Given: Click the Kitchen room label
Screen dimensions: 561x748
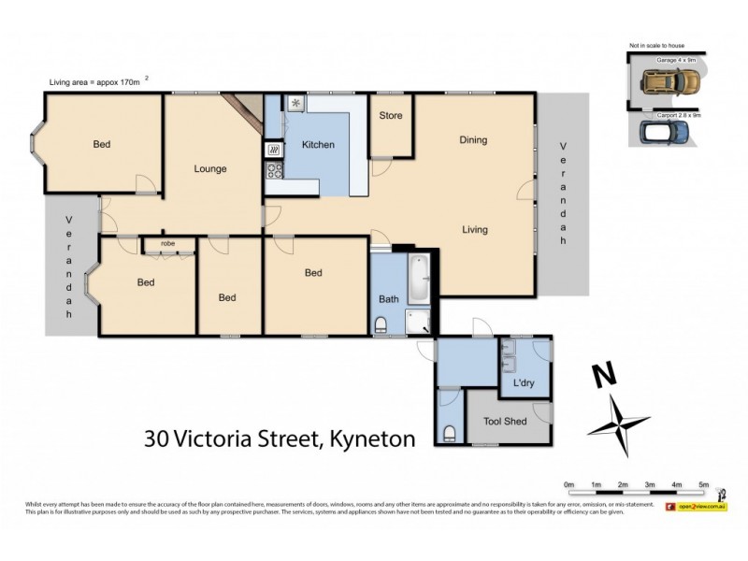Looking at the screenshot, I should click(318, 145).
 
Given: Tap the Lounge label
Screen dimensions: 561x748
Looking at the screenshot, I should click(210, 169).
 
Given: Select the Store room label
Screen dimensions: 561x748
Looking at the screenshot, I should click(390, 116).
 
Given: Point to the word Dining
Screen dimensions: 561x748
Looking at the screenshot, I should click(473, 140).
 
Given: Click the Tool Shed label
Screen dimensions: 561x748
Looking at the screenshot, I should click(505, 422).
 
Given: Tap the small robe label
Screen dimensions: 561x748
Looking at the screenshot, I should click(167, 243).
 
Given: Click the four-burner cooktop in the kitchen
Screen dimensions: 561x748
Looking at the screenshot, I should click(275, 170).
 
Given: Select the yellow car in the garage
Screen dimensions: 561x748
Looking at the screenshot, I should click(665, 84).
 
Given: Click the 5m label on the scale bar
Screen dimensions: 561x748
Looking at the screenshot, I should click(703, 484).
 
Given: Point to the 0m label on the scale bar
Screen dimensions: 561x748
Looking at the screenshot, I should click(568, 484).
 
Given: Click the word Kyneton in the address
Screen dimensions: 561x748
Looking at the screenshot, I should click(368, 439).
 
